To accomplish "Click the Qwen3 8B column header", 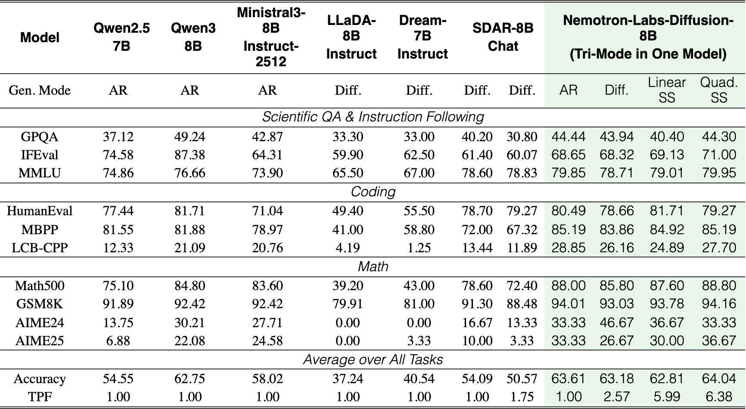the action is point(193,37).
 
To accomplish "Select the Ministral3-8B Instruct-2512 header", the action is point(271,37).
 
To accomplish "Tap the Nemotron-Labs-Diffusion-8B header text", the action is point(648,37).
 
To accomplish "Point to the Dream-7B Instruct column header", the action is point(423,37).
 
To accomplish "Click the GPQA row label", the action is point(40,137).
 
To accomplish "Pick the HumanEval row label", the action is point(40,211).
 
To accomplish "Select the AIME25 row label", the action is point(40,341).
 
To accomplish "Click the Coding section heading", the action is point(373,192).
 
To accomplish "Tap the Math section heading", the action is point(373,266).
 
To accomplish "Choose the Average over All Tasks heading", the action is point(373,359).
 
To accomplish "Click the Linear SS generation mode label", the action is point(667,90).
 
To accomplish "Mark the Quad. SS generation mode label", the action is point(719,90).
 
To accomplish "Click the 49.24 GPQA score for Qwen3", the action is point(190,137).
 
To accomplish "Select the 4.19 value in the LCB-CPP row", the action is point(348,248).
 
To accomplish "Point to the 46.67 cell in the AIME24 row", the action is point(617,322).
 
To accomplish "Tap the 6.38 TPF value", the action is point(719,397).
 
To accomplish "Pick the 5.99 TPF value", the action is point(667,397).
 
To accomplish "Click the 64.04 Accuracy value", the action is point(719,378).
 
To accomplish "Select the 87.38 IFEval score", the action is point(190,155).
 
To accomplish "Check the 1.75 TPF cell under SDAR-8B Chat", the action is point(522,397).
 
